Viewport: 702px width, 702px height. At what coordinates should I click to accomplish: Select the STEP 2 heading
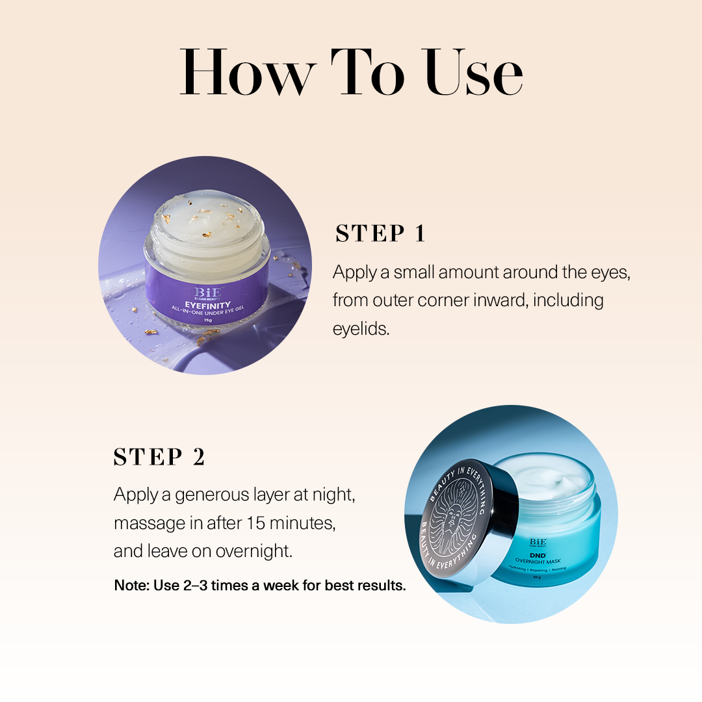click(x=159, y=457)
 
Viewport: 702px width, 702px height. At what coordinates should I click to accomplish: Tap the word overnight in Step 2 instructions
click(x=253, y=551)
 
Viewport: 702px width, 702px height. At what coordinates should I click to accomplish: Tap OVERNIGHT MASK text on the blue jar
click(x=541, y=561)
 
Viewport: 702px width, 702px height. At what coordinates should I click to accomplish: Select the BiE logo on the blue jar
click(x=538, y=542)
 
